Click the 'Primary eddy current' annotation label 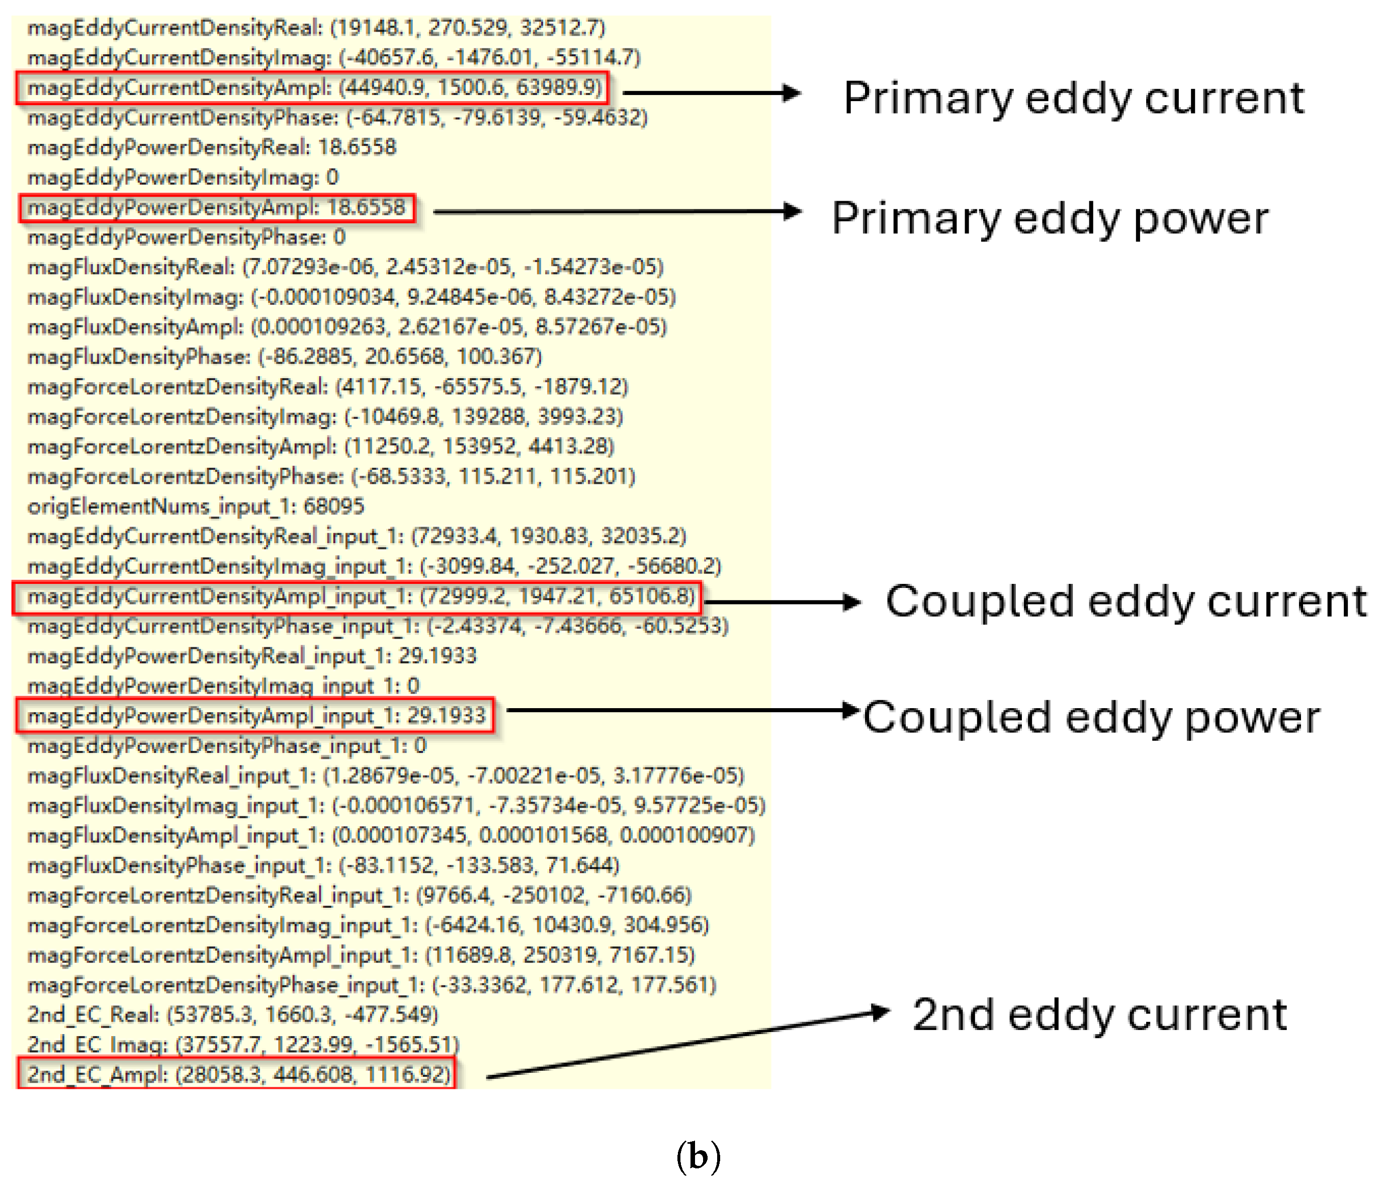click(x=1073, y=98)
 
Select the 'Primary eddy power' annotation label click(x=1050, y=218)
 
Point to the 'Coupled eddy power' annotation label click(x=1091, y=718)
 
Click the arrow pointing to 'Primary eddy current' click(x=711, y=93)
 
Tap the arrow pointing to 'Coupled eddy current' click(x=783, y=603)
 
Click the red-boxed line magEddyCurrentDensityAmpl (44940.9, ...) click(x=312, y=88)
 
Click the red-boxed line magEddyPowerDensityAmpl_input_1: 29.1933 click(x=255, y=716)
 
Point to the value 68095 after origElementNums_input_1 click(x=333, y=506)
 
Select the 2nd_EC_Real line click(x=233, y=1014)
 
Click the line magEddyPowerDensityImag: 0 click(x=183, y=178)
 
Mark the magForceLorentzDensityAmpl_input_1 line click(x=361, y=955)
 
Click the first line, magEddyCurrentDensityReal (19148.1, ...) click(x=317, y=27)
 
